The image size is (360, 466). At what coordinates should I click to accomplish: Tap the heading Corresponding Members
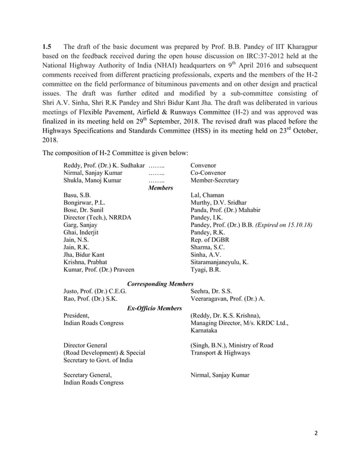(161, 283)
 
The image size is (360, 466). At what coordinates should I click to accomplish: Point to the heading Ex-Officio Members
(154, 307)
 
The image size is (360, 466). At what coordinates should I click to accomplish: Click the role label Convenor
(204, 165)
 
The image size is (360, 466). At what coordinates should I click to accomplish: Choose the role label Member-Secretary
(215, 181)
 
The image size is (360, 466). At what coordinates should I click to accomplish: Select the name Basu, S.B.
(78, 195)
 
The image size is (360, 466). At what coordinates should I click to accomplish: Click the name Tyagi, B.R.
(206, 270)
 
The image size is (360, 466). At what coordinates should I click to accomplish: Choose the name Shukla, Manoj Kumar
(92, 181)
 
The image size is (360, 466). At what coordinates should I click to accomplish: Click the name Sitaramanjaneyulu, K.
(219, 262)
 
